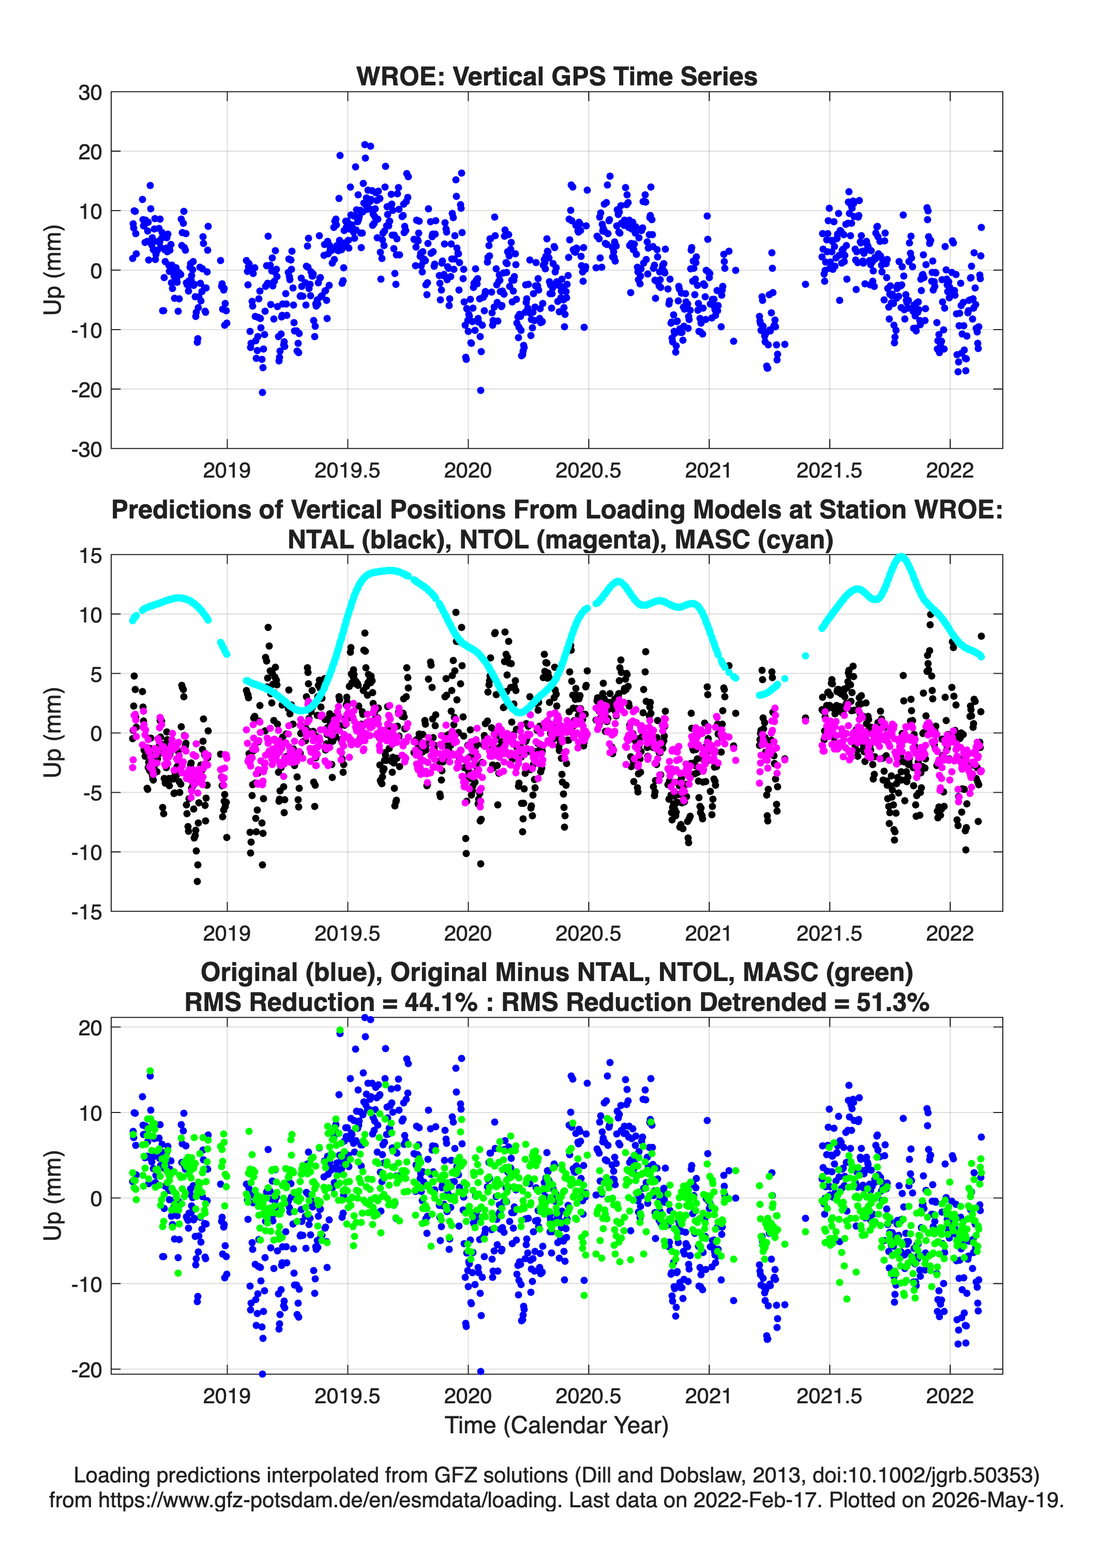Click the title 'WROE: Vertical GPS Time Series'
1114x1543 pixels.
point(556,76)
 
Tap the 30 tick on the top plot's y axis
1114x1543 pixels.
point(90,93)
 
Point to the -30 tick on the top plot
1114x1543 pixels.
point(86,449)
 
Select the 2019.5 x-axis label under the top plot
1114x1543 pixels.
point(348,470)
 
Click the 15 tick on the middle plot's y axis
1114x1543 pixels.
point(91,556)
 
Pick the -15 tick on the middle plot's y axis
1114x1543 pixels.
point(86,912)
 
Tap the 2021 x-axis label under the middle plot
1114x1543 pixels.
point(709,933)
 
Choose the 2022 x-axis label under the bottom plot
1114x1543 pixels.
point(950,1396)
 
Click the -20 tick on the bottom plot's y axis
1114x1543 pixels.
point(86,1370)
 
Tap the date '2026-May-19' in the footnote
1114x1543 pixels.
point(997,1500)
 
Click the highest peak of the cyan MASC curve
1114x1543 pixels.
point(901,557)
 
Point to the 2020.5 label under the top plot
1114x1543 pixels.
point(588,470)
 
